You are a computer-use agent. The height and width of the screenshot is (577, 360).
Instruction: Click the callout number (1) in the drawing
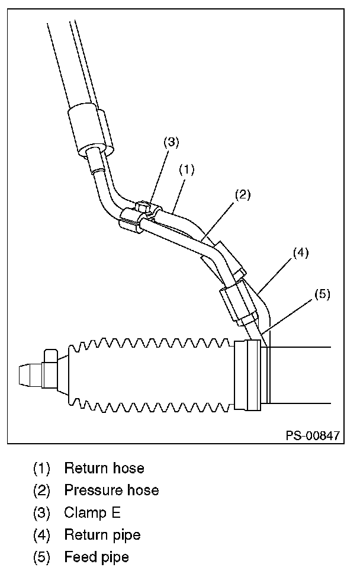click(187, 170)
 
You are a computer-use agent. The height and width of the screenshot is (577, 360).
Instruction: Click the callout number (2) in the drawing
click(243, 194)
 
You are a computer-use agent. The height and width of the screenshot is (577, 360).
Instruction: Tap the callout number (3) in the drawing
click(171, 142)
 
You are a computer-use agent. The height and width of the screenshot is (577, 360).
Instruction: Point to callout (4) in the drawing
click(300, 253)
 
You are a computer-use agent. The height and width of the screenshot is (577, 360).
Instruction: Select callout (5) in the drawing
click(322, 293)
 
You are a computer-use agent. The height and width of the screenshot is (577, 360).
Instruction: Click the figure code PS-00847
click(313, 435)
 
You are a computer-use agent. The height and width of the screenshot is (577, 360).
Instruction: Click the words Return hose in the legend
click(104, 468)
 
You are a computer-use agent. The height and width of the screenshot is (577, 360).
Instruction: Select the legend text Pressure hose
click(111, 490)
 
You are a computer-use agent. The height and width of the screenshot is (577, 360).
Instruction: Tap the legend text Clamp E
click(92, 512)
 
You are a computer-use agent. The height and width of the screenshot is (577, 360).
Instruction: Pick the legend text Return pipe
click(102, 535)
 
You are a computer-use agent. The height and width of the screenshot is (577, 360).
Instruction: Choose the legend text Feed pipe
click(97, 557)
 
